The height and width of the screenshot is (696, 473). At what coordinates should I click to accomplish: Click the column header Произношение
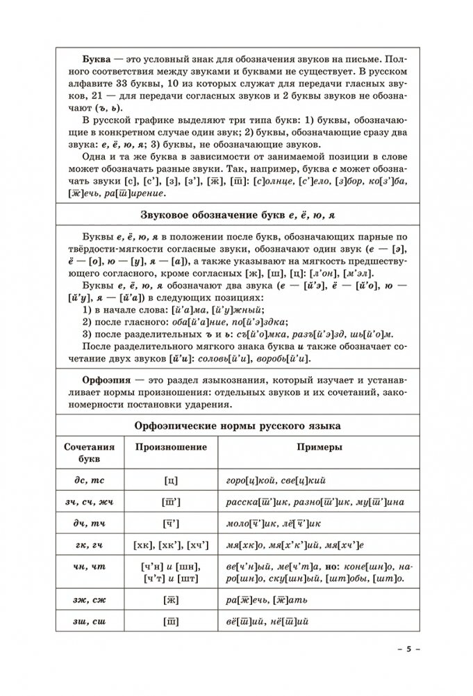[167, 449]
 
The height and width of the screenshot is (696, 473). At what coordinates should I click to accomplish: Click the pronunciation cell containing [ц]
[167, 480]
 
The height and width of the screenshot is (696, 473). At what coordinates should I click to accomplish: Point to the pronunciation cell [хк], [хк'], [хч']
[167, 547]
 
